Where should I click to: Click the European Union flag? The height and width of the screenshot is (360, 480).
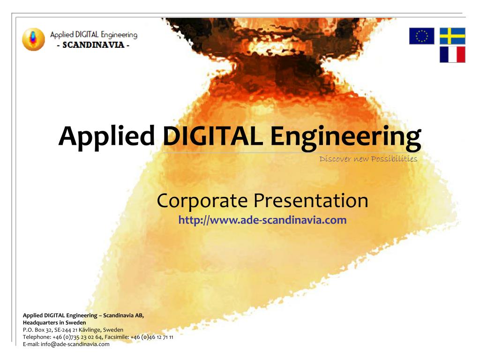[421, 36]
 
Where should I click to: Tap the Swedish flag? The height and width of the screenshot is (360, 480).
[452, 36]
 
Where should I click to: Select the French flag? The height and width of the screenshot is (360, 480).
[452, 54]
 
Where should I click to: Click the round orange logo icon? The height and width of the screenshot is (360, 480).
[33, 39]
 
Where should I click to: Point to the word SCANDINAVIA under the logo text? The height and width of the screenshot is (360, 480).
[93, 45]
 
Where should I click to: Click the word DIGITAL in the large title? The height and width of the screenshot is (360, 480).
[213, 136]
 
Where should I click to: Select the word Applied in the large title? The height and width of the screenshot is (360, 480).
[106, 137]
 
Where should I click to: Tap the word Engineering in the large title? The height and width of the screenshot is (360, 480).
[346, 138]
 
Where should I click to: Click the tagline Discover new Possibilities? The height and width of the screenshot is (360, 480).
[368, 158]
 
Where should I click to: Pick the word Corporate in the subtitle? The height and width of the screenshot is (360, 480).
[202, 201]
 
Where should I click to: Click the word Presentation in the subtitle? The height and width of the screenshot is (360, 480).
[311, 201]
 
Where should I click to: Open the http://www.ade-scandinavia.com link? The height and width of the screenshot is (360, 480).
[262, 220]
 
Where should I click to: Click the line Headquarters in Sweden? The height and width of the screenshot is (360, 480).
[54, 322]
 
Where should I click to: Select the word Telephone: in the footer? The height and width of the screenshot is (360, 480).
[37, 337]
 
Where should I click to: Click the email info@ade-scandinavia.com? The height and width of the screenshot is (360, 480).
[75, 344]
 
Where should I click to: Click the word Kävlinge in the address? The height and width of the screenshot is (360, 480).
[90, 330]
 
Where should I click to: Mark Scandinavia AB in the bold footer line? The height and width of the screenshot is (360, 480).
[123, 315]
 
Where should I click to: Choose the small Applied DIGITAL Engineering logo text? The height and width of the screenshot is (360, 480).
[94, 35]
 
